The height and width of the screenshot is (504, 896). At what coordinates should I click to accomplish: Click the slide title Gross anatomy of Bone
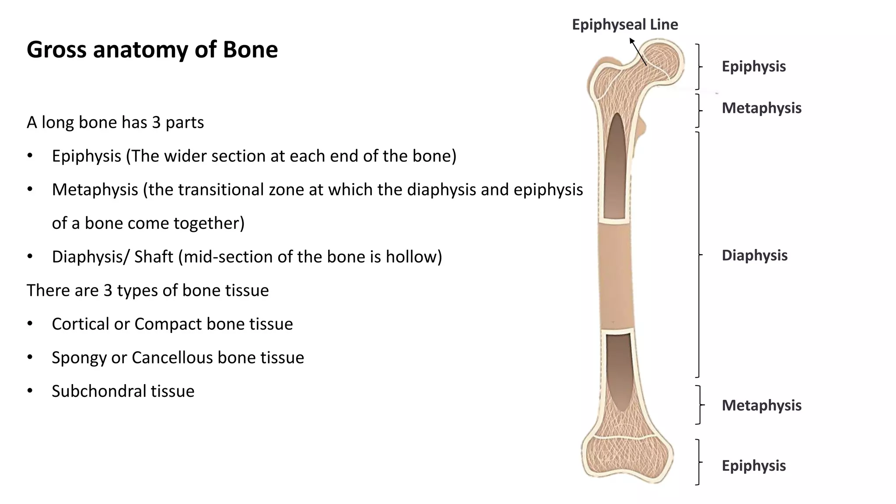point(152,49)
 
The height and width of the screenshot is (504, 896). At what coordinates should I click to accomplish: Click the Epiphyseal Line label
point(625,24)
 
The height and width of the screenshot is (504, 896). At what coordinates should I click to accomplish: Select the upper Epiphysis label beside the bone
point(753,66)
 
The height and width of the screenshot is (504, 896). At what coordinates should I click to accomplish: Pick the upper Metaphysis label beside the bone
point(761,108)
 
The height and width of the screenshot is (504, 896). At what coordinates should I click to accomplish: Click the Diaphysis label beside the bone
point(754,255)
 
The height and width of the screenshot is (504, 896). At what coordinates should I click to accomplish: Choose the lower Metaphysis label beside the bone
point(761,406)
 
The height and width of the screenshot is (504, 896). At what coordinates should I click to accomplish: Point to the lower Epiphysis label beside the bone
point(753,466)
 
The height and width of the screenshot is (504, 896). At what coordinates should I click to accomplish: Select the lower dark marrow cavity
point(618,372)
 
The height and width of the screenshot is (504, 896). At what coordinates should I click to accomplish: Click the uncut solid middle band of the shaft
point(616,276)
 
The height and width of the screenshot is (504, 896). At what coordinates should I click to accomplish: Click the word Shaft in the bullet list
point(153,257)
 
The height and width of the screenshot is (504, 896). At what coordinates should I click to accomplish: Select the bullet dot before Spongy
point(30,357)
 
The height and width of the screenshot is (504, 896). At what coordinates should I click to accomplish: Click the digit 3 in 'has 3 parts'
point(156,122)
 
